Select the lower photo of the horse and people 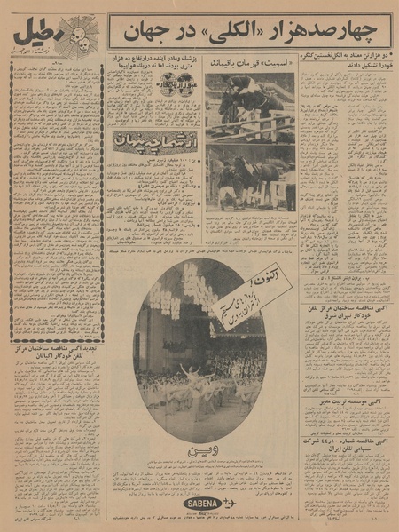click(250, 177)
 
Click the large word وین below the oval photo click(199, 454)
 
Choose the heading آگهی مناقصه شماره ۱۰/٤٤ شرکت click(345, 468)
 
